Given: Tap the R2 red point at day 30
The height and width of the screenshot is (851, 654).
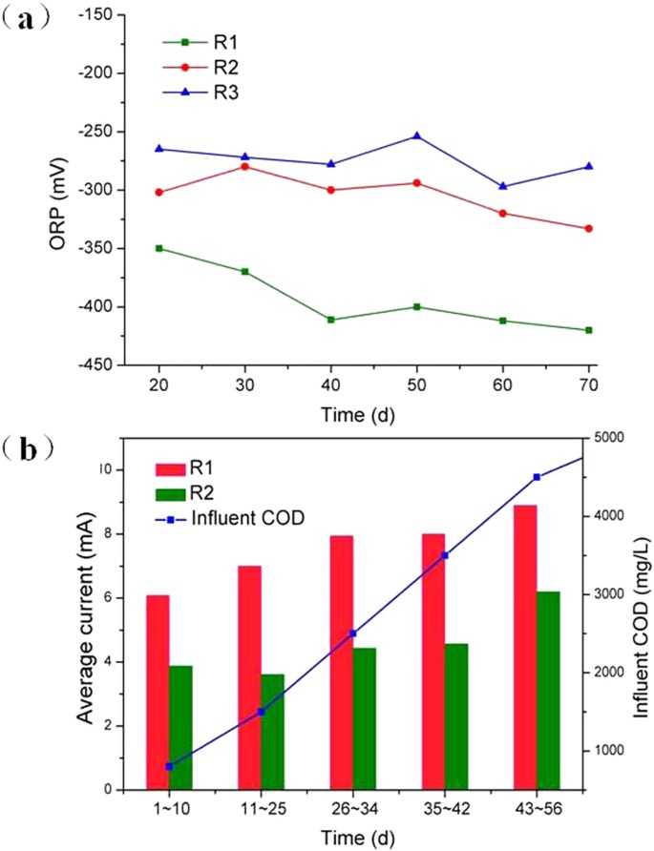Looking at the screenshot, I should coord(245,166).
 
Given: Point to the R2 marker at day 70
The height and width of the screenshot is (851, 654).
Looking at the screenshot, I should coord(588,228).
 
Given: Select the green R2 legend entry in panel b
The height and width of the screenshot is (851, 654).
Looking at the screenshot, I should coord(204,493).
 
